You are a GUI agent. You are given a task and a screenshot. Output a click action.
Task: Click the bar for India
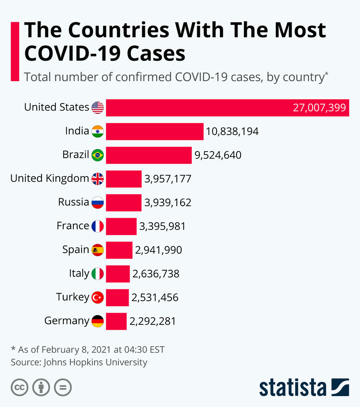154,131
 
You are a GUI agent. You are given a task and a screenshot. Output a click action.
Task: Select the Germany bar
116,321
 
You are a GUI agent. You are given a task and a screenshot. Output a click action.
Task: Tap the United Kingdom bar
123,179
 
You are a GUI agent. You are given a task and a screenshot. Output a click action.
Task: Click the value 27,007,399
319,108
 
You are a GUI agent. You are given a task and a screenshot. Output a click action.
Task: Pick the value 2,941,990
158,250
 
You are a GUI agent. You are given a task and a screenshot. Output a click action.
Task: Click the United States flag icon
98,107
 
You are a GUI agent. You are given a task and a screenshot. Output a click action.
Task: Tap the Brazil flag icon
98,155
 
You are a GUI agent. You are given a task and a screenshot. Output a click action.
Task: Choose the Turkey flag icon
98,298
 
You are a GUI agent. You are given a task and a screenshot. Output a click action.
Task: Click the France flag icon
98,226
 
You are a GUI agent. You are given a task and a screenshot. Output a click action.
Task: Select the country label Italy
79,273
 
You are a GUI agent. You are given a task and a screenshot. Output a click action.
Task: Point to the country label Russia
73,202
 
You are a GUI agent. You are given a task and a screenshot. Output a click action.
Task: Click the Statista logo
304,387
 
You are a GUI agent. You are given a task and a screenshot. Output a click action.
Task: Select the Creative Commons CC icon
19,387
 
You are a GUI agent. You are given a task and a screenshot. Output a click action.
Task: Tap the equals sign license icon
63,387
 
